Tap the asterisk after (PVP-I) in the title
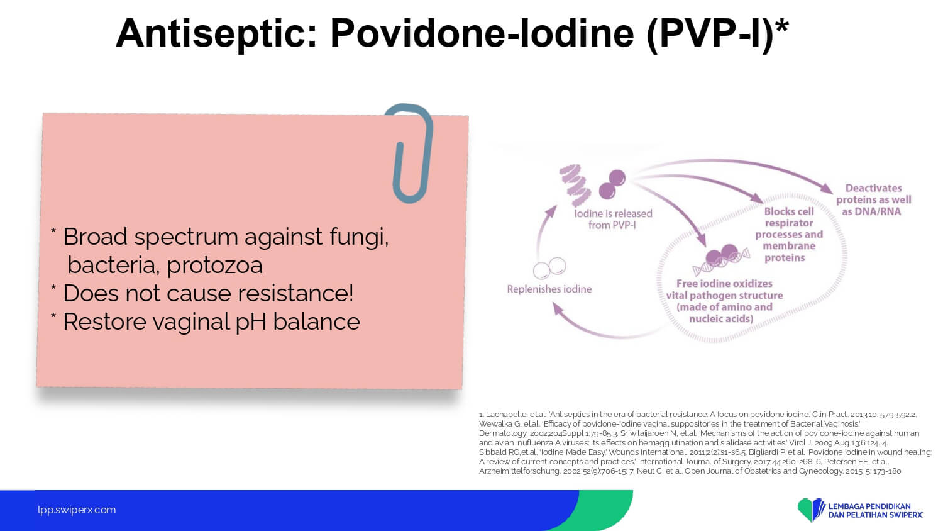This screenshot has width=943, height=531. pos(782,26)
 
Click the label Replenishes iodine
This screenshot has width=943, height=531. pos(549,289)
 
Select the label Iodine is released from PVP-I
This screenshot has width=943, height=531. pos(613,219)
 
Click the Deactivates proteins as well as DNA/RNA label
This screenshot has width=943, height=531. pos(874,200)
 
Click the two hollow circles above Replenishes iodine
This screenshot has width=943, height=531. pos(549,268)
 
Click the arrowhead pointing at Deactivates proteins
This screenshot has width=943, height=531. pos(826,188)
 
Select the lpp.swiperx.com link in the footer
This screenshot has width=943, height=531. pos(77,510)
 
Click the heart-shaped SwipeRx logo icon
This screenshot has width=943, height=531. pos(811,510)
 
